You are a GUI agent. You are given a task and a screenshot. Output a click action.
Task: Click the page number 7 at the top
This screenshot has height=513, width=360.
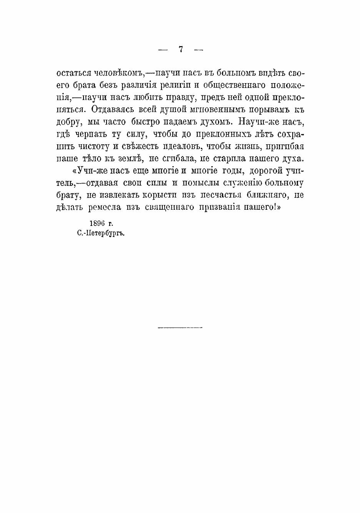(180, 49)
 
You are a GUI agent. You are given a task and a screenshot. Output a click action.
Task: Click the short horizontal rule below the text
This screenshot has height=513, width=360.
(180, 328)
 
